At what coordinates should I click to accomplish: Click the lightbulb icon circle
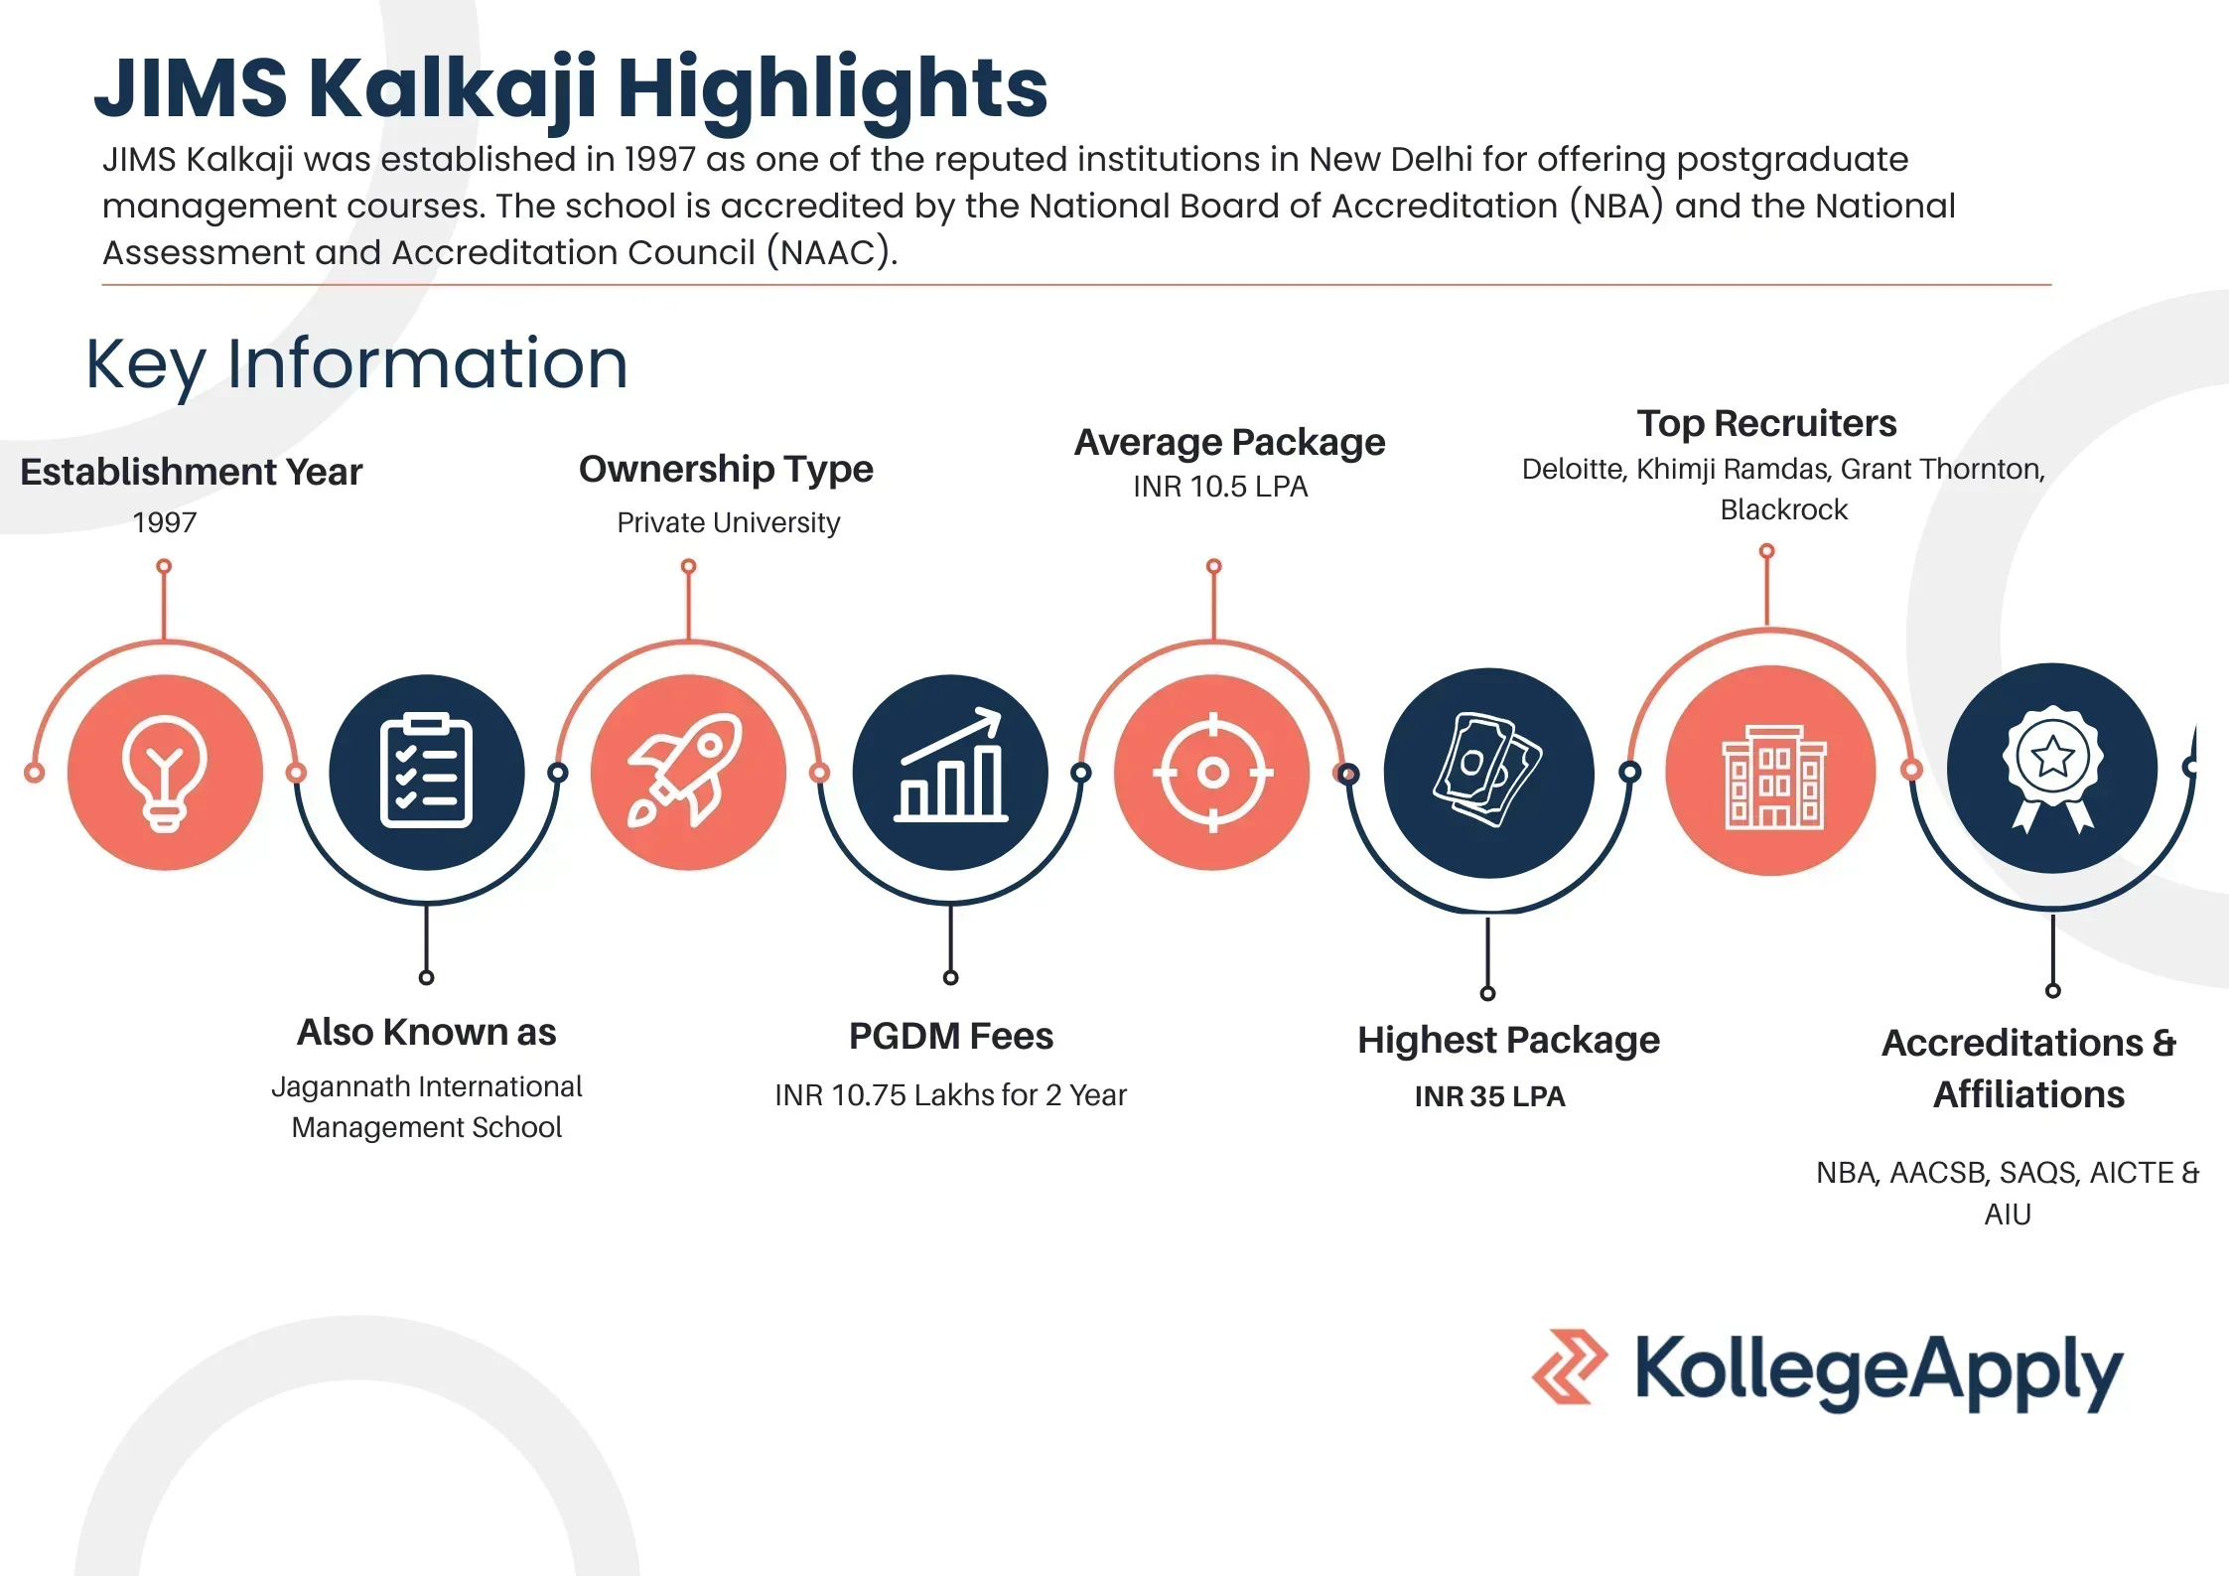pos(165,772)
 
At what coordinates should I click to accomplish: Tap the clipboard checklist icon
pos(426,772)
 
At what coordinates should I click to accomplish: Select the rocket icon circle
pos(687,772)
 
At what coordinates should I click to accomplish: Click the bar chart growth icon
pos(950,772)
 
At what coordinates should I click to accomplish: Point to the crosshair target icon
pos(1212,772)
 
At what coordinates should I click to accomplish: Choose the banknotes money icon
pos(1487,772)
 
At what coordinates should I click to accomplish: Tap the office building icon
pos(1771,772)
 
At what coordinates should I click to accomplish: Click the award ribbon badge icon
pos(2052,769)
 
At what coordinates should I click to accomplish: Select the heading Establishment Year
pos(192,472)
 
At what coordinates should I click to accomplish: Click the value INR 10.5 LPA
pos(1220,487)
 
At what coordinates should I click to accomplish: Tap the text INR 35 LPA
pos(1489,1096)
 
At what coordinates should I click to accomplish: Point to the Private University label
pos(728,522)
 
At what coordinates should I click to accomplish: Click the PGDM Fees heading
pos(950,1036)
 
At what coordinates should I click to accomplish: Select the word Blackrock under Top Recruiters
pos(1783,509)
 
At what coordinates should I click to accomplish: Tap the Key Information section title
pos(356,363)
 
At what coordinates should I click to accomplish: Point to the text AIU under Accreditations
pos(2007,1214)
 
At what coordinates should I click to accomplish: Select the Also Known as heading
pos(426,1033)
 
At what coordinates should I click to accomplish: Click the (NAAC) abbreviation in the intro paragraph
pos(831,252)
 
